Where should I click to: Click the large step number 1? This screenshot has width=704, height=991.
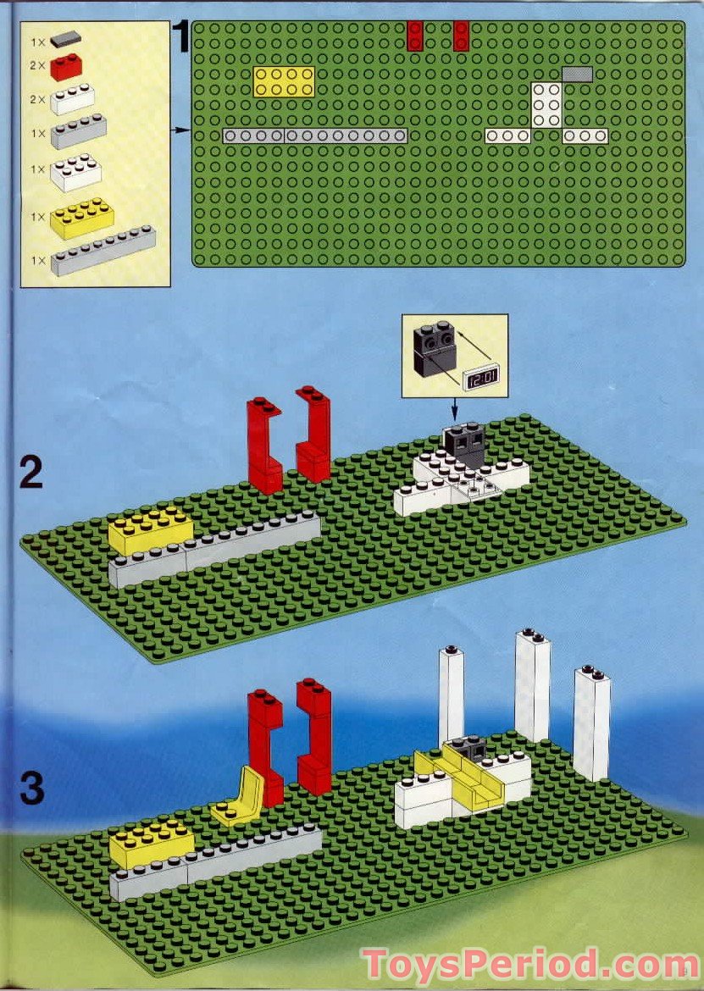[182, 36]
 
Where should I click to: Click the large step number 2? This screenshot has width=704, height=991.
[31, 472]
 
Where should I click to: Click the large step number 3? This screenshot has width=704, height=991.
[32, 788]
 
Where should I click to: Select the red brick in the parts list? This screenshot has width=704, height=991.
[66, 67]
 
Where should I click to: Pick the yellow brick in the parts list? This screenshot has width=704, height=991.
[81, 218]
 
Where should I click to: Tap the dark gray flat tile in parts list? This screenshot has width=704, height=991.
[66, 40]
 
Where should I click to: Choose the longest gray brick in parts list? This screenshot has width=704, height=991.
[103, 251]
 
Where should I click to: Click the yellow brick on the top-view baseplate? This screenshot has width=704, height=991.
[284, 81]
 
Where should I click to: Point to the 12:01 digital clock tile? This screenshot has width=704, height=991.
[481, 379]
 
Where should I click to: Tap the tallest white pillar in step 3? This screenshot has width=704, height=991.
[532, 685]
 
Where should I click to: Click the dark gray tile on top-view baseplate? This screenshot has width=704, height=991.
[577, 75]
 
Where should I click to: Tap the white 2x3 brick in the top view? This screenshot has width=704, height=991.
[546, 105]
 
